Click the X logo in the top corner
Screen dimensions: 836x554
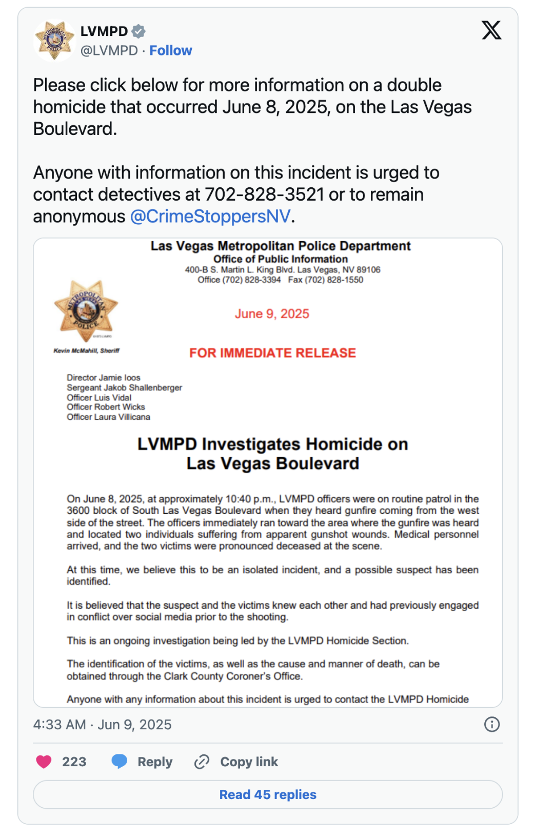point(491,30)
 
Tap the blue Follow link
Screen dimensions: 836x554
point(171,50)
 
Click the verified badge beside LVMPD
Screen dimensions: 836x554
point(138,31)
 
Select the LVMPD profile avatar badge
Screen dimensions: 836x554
point(54,40)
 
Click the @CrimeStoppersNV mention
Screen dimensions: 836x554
point(210,217)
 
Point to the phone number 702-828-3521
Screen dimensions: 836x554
point(264,195)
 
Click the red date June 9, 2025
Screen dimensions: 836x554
point(272,314)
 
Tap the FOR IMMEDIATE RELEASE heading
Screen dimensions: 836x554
point(272,353)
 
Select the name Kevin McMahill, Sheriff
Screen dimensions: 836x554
point(86,351)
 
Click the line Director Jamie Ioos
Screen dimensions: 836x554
point(103,378)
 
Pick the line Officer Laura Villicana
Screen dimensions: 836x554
point(108,417)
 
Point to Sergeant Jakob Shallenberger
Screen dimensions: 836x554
point(124,387)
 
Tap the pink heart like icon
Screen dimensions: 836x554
point(44,762)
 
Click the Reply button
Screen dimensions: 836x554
point(142,762)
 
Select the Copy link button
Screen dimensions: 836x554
point(236,762)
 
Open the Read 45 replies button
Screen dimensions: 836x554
point(268,794)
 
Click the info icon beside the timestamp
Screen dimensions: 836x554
point(491,724)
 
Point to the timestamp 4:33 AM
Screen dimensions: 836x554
point(60,725)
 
